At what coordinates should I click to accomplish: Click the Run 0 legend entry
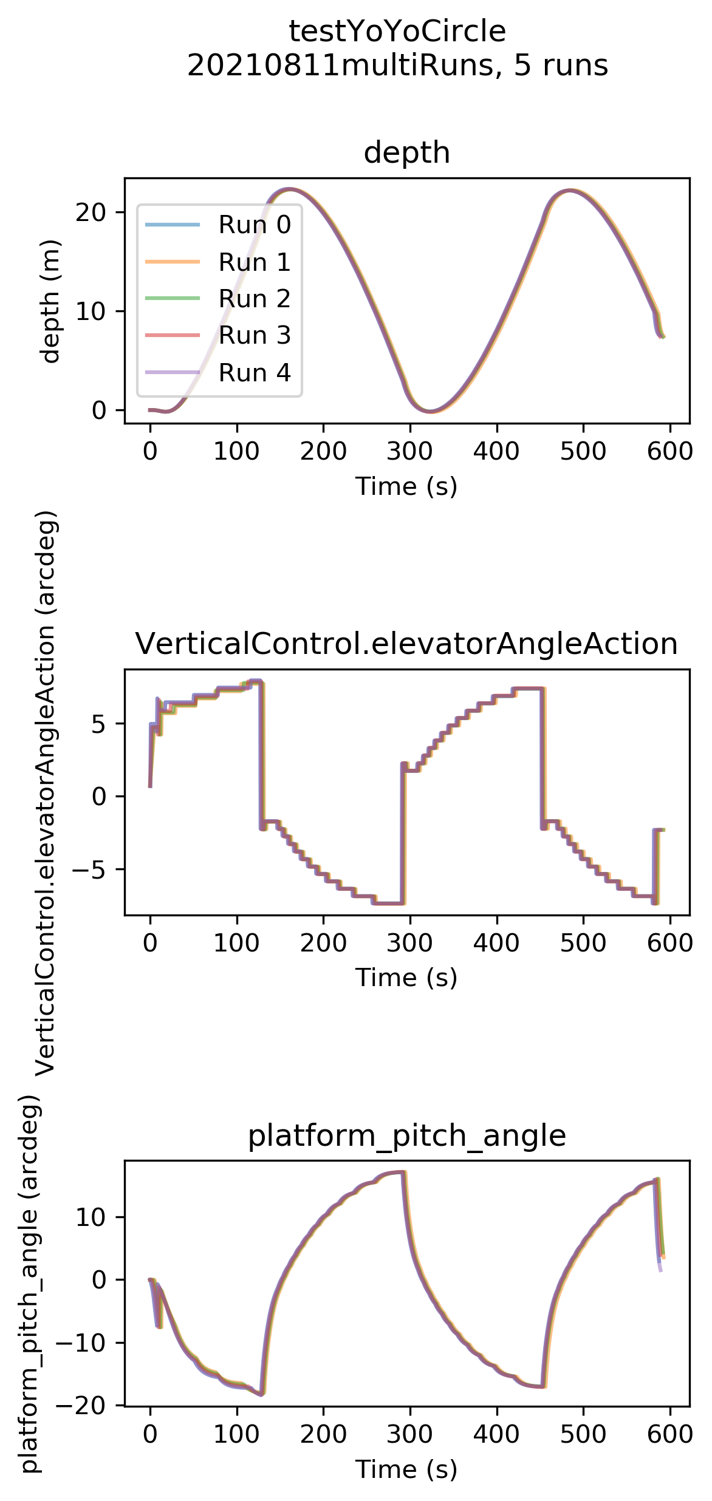click(x=219, y=225)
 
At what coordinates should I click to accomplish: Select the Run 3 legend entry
click(x=219, y=335)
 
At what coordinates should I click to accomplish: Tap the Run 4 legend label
click(x=255, y=372)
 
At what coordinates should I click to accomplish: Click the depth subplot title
click(x=407, y=152)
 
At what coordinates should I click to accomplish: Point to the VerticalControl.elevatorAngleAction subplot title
click(x=406, y=644)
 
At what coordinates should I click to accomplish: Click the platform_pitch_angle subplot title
click(x=407, y=1135)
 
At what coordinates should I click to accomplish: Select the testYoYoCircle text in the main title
click(x=397, y=32)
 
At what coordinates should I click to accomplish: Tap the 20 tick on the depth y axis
click(x=91, y=212)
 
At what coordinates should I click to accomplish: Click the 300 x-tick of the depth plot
click(x=410, y=451)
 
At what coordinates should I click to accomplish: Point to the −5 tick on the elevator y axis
click(x=89, y=869)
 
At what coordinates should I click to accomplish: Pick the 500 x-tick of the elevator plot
click(x=583, y=942)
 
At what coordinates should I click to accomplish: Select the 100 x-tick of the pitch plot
click(x=237, y=1434)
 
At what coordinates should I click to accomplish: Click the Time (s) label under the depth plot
click(x=406, y=486)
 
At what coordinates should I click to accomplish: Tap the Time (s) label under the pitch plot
click(x=406, y=1469)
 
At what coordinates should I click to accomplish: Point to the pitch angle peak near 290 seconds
click(x=402, y=1172)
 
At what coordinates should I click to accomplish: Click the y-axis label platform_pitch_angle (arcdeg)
click(x=30, y=1284)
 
